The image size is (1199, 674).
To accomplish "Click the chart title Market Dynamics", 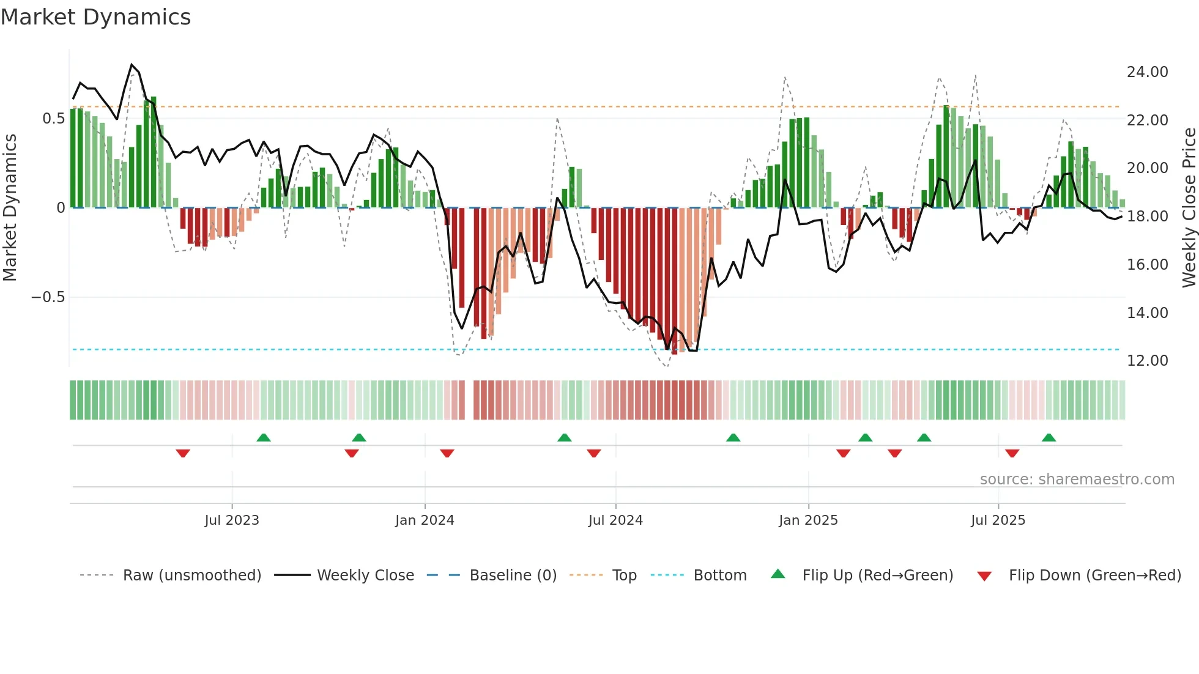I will pyautogui.click(x=95, y=17).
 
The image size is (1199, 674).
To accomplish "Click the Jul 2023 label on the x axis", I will pyautogui.click(x=232, y=520).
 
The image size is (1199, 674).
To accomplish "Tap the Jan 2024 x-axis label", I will pyautogui.click(x=425, y=520).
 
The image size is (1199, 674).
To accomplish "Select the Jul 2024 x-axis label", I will pyautogui.click(x=615, y=520).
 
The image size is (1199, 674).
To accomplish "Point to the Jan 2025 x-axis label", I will pyautogui.click(x=808, y=520).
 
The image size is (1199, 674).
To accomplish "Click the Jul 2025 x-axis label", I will pyautogui.click(x=998, y=520).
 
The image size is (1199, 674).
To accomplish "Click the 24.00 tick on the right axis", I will pyautogui.click(x=1147, y=72).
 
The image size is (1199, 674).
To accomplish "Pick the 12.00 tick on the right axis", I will pyautogui.click(x=1147, y=361).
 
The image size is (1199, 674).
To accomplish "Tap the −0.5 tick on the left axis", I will pyautogui.click(x=48, y=297).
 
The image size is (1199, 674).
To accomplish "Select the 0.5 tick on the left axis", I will pyautogui.click(x=53, y=119).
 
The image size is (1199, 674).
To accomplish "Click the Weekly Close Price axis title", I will pyautogui.click(x=1189, y=207).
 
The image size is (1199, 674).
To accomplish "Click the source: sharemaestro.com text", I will pyautogui.click(x=1077, y=480).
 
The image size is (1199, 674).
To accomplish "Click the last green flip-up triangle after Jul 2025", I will pyautogui.click(x=1049, y=437).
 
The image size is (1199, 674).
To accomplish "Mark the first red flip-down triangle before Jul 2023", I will pyautogui.click(x=183, y=453).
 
